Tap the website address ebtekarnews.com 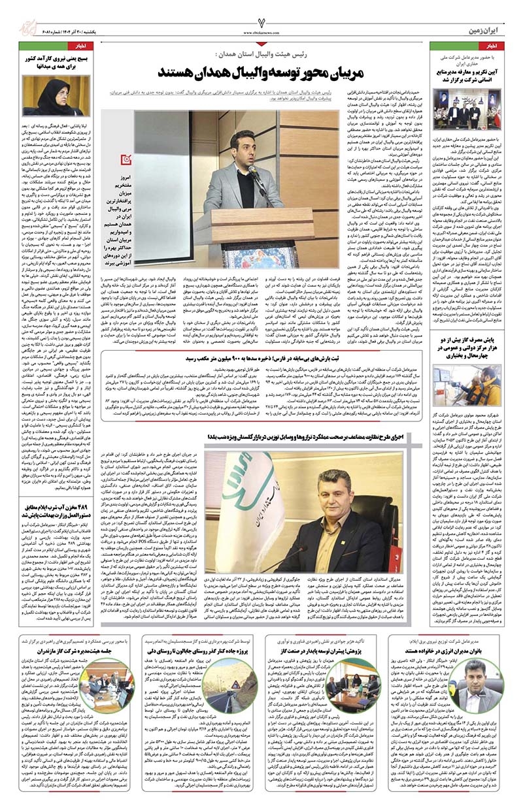pos(261,31)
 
